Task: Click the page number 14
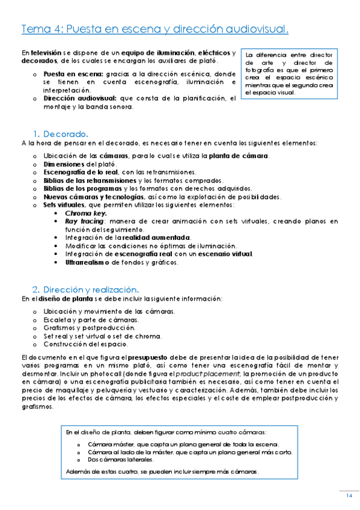[x=349, y=495]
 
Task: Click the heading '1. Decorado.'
[x=61, y=134]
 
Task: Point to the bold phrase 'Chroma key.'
[x=86, y=213]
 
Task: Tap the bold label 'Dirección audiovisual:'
[x=81, y=98]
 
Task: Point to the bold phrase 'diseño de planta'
[x=61, y=298]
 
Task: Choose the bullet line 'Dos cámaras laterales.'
[x=116, y=459]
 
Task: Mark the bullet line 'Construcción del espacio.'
[x=85, y=344]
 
